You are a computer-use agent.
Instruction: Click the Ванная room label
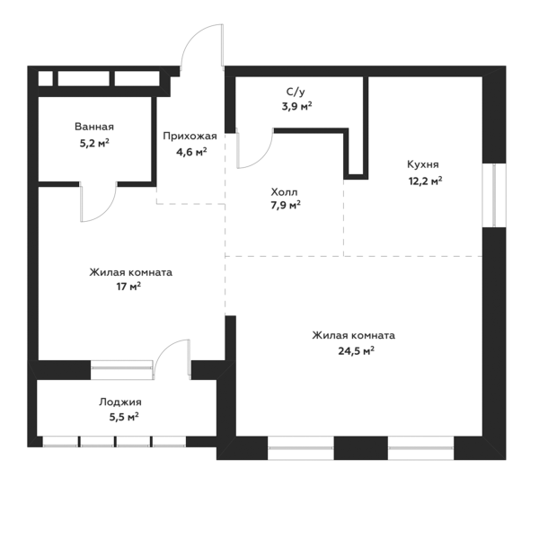94,127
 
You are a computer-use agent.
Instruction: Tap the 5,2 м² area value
94,143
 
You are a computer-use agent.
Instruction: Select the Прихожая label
190,137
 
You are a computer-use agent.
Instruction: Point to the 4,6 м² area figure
191,152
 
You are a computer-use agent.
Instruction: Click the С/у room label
296,92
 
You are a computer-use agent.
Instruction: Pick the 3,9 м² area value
297,106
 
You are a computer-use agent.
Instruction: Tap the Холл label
284,192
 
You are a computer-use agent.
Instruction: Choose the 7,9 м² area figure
286,206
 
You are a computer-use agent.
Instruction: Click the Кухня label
423,164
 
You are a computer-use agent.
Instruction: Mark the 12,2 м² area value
425,181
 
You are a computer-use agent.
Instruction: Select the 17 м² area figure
128,287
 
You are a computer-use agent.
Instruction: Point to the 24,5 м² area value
356,351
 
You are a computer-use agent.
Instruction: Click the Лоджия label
120,402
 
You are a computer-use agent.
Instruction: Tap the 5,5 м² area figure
124,418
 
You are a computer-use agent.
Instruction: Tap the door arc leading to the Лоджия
164,347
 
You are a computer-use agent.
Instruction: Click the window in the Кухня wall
494,195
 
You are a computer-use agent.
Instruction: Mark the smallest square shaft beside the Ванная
46,79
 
